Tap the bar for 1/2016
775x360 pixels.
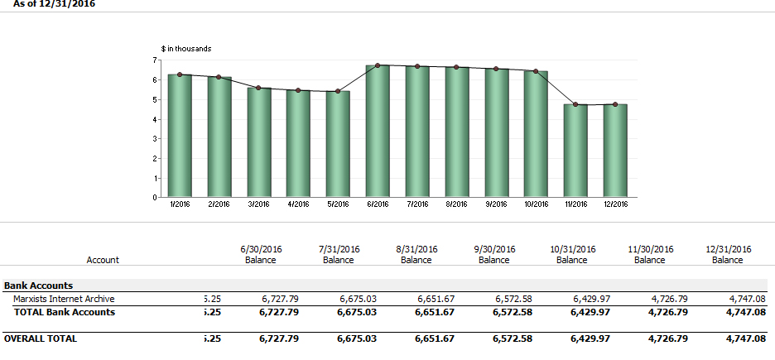[180, 136]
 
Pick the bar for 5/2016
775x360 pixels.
[338, 144]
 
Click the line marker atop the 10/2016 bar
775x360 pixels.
[536, 71]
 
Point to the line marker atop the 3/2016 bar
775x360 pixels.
[258, 88]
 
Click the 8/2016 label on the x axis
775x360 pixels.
[456, 204]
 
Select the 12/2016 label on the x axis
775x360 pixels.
[615, 204]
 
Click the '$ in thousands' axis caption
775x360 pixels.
[185, 49]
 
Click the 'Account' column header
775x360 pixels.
[103, 260]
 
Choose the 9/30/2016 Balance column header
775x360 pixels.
[494, 254]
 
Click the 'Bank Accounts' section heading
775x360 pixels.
[39, 286]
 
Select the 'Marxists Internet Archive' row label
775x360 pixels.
[64, 299]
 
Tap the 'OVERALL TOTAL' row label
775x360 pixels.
[41, 338]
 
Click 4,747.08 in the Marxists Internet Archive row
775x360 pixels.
[747, 299]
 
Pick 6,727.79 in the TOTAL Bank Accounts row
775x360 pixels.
[279, 312]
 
